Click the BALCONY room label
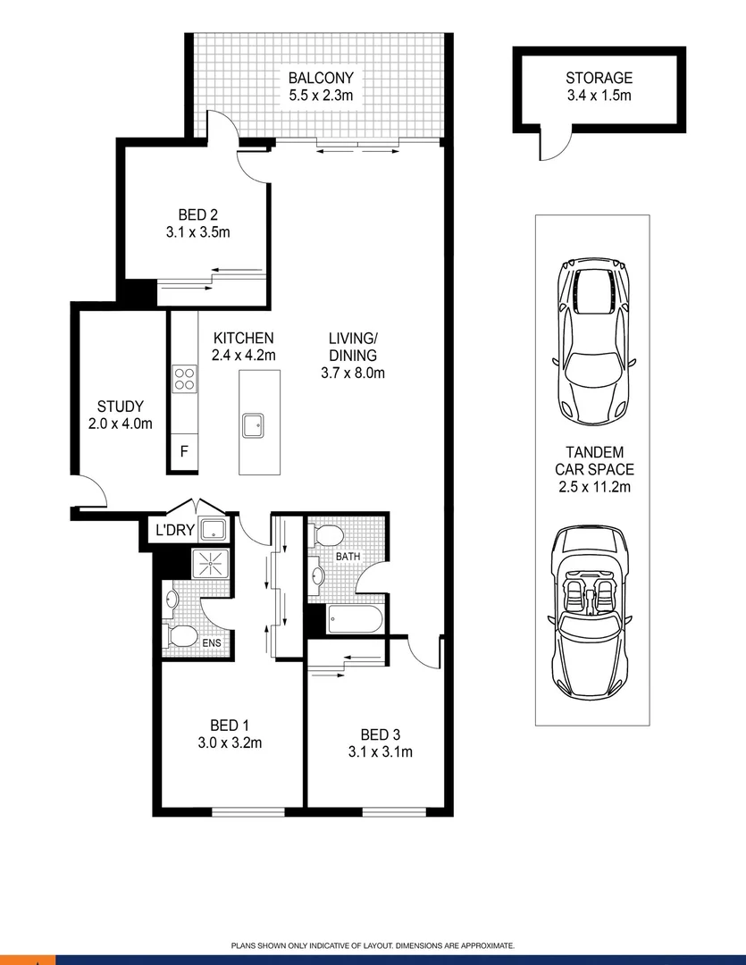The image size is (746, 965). [x=321, y=78]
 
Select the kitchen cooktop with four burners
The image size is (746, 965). [x=185, y=379]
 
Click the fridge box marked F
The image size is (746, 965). [x=184, y=451]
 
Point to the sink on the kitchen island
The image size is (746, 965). [x=254, y=424]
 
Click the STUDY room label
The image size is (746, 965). [x=121, y=407]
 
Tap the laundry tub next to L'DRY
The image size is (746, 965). [x=213, y=530]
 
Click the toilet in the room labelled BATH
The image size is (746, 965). [x=327, y=536]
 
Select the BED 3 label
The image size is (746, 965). [x=381, y=734]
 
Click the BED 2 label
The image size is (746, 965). [x=198, y=214]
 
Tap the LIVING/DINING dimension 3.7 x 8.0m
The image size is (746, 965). [x=353, y=373]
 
